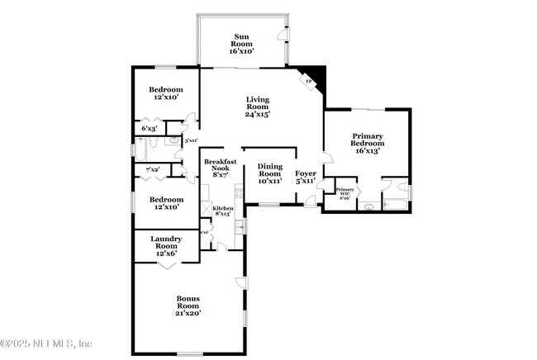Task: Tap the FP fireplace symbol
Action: point(309,82)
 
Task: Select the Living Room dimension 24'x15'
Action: point(258,115)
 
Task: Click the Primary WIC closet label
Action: point(345,192)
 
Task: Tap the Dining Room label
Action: point(269,169)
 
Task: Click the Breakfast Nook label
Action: point(221,163)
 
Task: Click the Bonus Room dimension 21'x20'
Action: point(188,313)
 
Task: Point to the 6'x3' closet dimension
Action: point(149,129)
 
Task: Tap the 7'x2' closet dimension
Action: point(152,169)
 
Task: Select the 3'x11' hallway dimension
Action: point(191,140)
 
